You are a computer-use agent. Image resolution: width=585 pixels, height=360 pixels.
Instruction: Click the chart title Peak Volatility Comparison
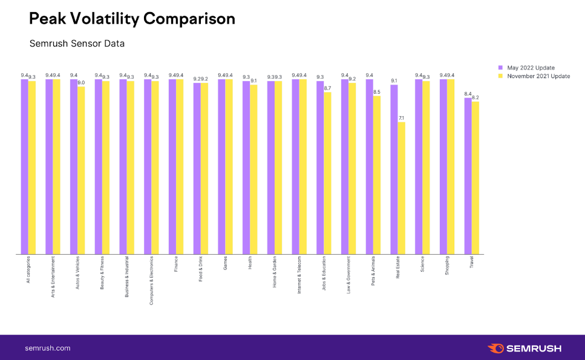132,19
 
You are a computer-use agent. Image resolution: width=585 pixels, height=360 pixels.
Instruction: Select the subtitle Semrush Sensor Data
77,44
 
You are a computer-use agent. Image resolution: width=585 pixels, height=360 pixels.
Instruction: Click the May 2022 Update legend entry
531,68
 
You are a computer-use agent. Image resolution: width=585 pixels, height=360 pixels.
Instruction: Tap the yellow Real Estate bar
402,188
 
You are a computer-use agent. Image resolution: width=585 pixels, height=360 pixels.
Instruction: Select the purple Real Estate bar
394,169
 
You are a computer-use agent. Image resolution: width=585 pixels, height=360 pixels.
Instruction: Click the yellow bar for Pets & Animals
377,175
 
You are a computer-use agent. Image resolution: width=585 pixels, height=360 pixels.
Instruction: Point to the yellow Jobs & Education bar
328,173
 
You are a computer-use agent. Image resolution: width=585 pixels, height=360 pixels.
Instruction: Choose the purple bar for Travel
468,176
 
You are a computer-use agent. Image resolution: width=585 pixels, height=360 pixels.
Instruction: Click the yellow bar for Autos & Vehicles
81,171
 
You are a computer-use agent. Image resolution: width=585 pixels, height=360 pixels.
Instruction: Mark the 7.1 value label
402,118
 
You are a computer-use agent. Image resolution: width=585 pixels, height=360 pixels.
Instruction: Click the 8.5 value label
377,92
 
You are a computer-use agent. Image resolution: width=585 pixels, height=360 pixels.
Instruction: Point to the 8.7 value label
328,88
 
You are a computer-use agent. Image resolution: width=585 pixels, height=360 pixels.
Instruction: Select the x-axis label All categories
28,270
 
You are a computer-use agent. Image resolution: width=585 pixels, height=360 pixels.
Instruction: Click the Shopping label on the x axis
446,267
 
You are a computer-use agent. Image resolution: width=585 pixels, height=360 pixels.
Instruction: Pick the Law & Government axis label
348,275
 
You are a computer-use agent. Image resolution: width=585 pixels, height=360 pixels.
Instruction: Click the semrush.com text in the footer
48,348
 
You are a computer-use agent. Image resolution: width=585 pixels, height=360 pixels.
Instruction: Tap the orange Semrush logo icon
495,348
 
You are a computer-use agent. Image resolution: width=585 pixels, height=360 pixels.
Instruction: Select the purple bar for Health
246,168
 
